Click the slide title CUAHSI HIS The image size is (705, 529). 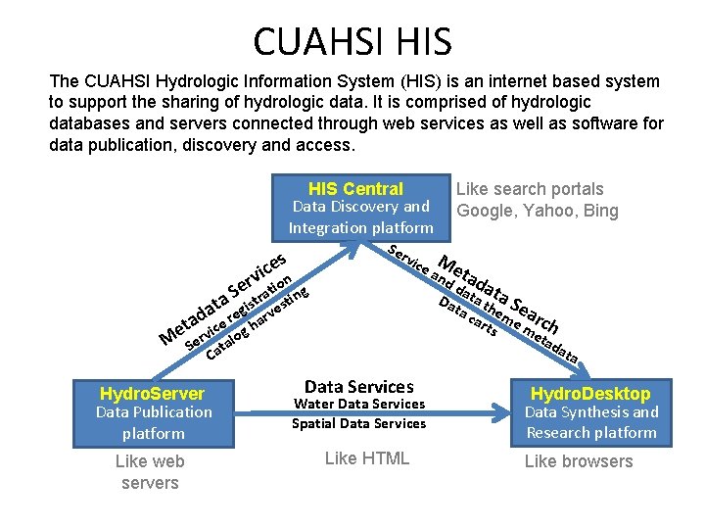pos(352,41)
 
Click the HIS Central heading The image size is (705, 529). pos(355,189)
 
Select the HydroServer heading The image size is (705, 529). pos(153,393)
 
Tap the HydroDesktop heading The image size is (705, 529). pos(590,393)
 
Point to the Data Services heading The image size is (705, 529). pos(359,387)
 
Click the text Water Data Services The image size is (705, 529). pos(359,405)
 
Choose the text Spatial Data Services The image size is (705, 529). pos(359,424)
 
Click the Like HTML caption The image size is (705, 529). pos(366,458)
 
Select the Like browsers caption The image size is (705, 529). pos(579,461)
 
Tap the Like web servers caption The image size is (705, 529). pos(150,472)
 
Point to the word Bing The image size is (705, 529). pos(598,211)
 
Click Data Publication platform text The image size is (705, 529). pos(153,422)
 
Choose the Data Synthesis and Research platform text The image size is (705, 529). pos(590,422)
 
